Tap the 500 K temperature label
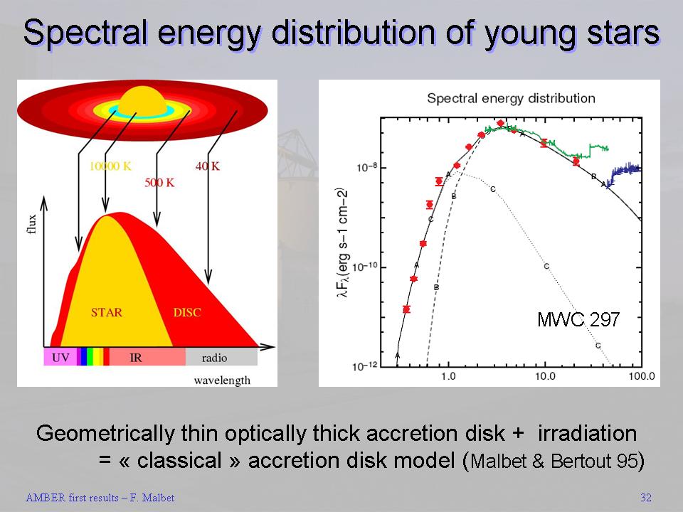pyautogui.click(x=159, y=182)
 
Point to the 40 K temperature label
pyautogui.click(x=207, y=166)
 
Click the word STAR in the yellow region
pyautogui.click(x=107, y=312)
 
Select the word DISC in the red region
pyautogui.click(x=187, y=312)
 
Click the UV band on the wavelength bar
pyautogui.click(x=60, y=357)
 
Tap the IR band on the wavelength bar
pyautogui.click(x=136, y=357)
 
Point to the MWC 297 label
pyautogui.click(x=578, y=320)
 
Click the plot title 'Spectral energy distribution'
pyautogui.click(x=511, y=98)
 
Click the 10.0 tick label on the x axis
pyautogui.click(x=544, y=375)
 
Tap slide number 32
pyautogui.click(x=645, y=498)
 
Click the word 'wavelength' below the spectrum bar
pyautogui.click(x=222, y=380)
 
